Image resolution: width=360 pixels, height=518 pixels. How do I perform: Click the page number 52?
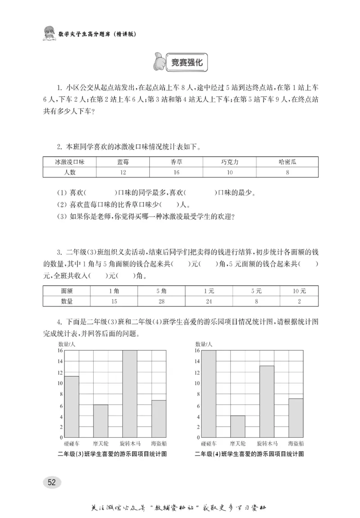[x=52, y=482]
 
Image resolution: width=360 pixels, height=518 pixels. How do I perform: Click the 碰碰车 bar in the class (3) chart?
[x=72, y=407]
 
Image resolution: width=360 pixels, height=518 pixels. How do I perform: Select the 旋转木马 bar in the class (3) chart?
[x=130, y=394]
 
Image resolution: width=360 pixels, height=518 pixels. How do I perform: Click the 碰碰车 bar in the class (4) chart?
[x=209, y=394]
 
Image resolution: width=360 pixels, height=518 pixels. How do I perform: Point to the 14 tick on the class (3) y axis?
[x=60, y=361]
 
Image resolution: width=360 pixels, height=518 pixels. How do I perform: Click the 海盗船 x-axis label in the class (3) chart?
[x=158, y=444]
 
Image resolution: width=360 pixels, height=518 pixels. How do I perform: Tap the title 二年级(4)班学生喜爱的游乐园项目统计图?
[x=249, y=454]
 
